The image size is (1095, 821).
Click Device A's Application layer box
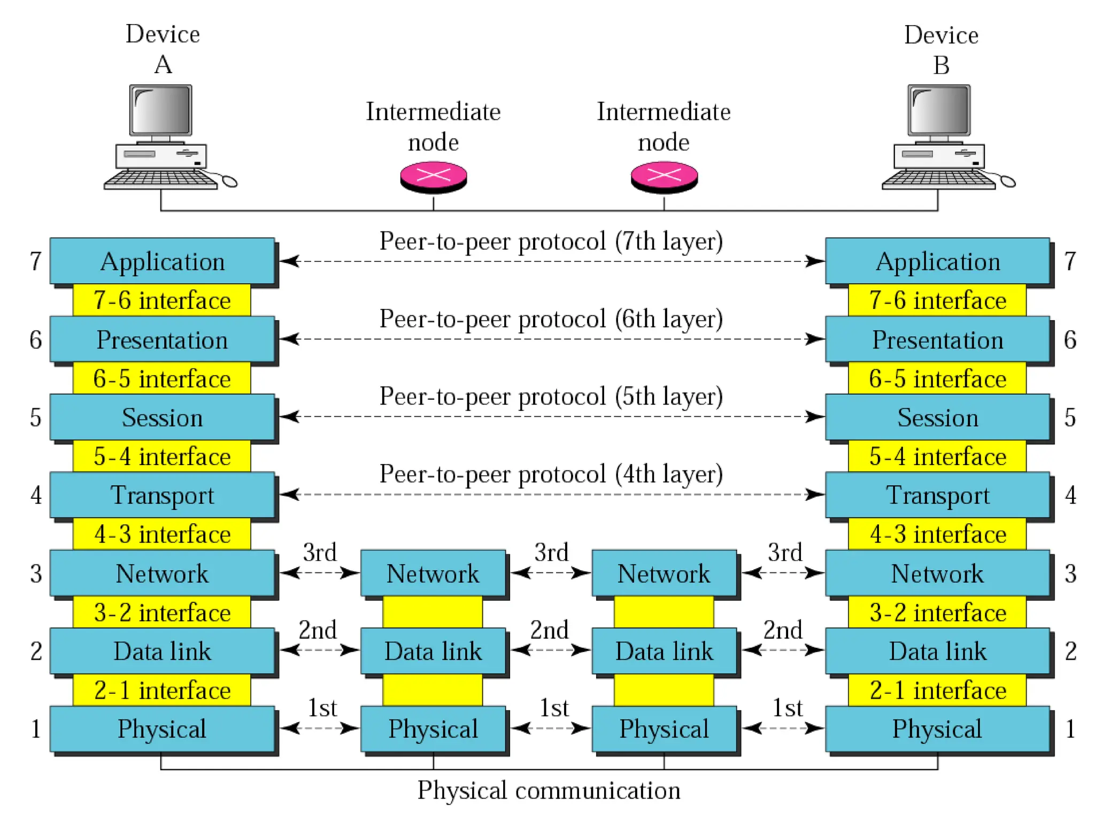(162, 261)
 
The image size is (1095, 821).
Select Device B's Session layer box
(937, 417)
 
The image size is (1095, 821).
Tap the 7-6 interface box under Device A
(161, 300)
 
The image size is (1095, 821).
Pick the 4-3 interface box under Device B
(937, 534)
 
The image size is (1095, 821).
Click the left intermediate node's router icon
(434, 177)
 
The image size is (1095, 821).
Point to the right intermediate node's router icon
(664, 177)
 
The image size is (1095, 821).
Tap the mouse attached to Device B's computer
(1008, 182)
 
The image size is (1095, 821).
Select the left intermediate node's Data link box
(433, 651)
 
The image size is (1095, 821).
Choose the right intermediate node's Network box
(664, 574)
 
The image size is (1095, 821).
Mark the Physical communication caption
(549, 791)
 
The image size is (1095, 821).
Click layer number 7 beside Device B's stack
(1070, 261)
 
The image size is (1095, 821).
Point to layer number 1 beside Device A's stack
(35, 729)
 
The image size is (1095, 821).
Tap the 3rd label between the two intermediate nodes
(551, 552)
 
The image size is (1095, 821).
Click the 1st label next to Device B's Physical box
(788, 708)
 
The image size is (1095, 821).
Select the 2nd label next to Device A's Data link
(318, 630)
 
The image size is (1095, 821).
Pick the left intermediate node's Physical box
(433, 729)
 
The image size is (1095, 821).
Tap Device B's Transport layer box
(937, 495)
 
